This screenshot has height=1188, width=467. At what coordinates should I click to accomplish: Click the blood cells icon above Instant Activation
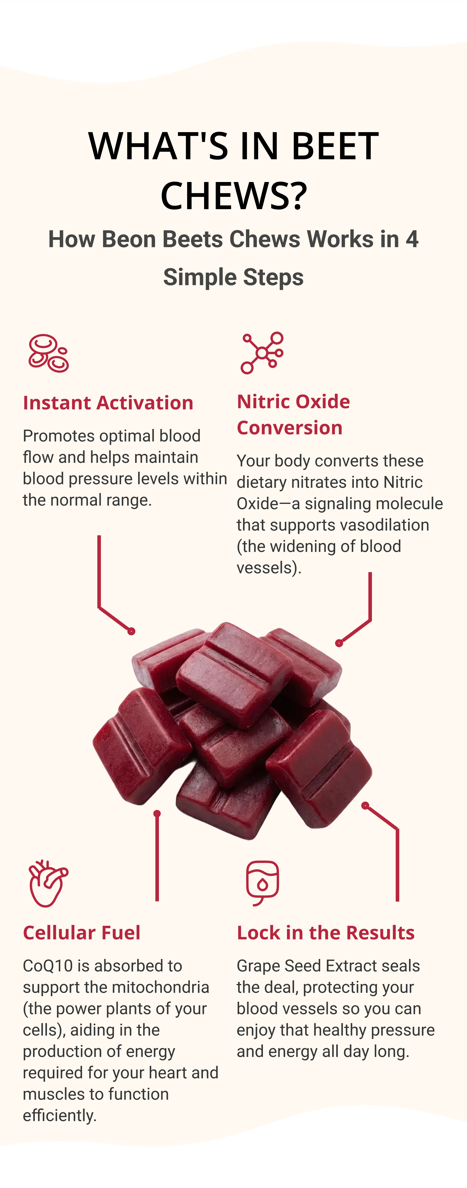tap(48, 353)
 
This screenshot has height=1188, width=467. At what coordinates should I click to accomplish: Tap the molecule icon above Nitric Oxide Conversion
tap(262, 353)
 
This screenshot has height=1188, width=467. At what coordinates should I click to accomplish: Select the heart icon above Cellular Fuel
tap(48, 883)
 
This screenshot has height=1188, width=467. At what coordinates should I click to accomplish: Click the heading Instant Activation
tap(108, 403)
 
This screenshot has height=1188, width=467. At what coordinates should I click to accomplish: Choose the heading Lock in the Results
tap(325, 933)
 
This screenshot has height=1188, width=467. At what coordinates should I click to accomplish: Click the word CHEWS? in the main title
tap(233, 195)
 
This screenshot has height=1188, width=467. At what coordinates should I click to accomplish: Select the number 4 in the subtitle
tap(412, 239)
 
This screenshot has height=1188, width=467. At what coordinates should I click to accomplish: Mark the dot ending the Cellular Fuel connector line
tap(157, 814)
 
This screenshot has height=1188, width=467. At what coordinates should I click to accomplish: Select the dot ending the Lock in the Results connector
tap(365, 805)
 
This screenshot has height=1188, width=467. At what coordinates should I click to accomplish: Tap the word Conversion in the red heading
tap(289, 428)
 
